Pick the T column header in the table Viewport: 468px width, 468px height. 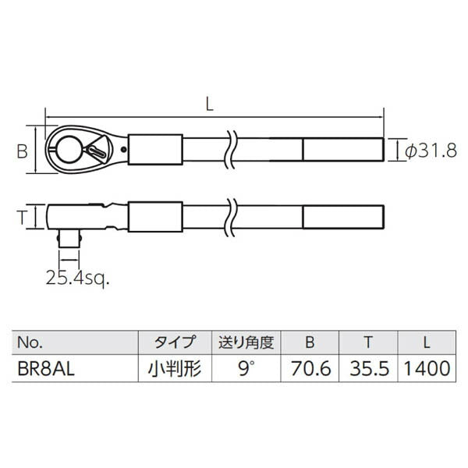(x=367, y=342)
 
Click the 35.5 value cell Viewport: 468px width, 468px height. (x=367, y=367)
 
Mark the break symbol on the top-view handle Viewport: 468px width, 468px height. (x=229, y=148)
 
